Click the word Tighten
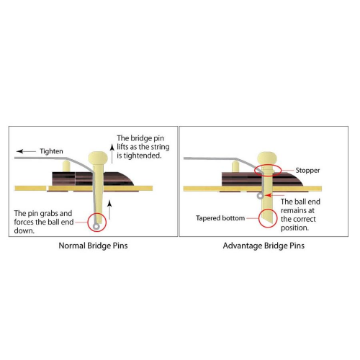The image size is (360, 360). point(51,151)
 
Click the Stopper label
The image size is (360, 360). point(307,171)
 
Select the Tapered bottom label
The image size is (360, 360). point(220,218)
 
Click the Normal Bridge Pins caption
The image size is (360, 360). point(93,246)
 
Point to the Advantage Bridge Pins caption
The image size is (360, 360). point(264,246)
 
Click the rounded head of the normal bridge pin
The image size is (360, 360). point(98,158)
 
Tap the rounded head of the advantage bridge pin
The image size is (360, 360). point(267,158)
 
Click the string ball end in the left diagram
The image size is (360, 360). point(96,226)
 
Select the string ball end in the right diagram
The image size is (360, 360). point(260,196)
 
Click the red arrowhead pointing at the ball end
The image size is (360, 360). point(268,195)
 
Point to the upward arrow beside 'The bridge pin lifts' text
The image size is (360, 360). point(112,153)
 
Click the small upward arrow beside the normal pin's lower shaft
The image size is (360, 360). point(109,210)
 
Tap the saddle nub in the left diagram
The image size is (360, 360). point(66,166)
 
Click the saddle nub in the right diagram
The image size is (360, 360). point(235,166)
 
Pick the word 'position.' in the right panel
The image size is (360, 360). point(294,228)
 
